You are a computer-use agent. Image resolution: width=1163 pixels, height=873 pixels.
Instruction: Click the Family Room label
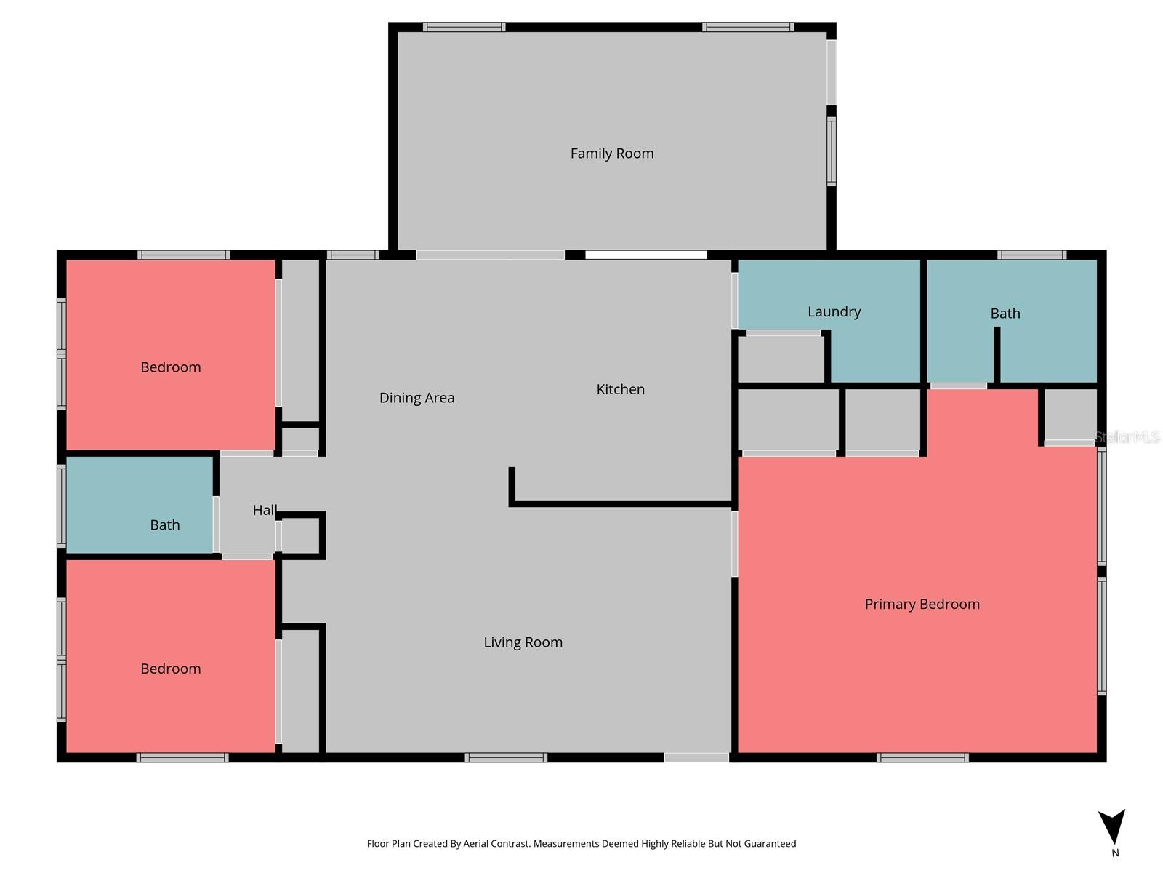(611, 154)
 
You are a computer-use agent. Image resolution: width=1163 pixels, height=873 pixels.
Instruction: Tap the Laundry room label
(834, 311)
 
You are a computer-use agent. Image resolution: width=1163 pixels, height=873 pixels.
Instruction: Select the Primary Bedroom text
(922, 604)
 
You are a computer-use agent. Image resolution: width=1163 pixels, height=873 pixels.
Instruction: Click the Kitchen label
(620, 389)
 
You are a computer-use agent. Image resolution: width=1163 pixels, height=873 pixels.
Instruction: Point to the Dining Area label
(416, 398)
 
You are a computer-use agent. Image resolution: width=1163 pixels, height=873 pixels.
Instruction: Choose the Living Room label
(523, 642)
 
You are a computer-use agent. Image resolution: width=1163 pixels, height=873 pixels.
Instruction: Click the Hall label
(265, 510)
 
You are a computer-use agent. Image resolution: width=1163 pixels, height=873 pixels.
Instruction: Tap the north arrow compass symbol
(1112, 827)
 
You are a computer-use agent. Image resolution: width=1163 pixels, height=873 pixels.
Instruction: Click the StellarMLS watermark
(1127, 437)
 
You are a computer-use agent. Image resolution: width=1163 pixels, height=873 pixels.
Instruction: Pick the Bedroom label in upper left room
(170, 367)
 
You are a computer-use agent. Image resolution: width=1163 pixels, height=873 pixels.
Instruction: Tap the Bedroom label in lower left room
(170, 669)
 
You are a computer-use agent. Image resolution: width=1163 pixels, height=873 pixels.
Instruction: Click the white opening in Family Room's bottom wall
(645, 255)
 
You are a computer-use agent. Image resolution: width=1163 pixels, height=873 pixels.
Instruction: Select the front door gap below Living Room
(696, 757)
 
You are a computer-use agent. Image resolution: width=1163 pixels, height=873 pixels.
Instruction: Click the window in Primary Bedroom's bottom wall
(922, 757)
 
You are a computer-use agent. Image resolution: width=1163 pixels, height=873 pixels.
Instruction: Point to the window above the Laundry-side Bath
(1031, 255)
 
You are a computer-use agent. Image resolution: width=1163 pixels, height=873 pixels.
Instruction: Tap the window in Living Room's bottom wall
(506, 757)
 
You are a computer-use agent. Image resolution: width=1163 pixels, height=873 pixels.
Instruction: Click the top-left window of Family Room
(464, 27)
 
